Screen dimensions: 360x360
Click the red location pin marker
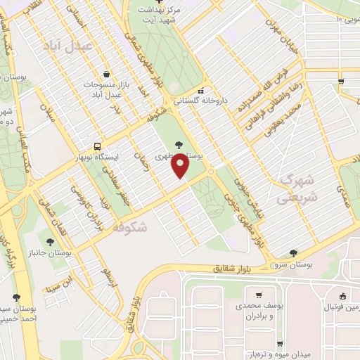[x=181, y=166]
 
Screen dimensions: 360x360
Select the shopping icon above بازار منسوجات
[x=105, y=75]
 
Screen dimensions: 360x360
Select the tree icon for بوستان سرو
[x=293, y=253]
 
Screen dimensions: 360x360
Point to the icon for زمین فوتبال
[x=342, y=296]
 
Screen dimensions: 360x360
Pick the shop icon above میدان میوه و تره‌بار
[x=281, y=344]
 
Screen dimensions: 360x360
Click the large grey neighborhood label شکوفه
[x=128, y=227]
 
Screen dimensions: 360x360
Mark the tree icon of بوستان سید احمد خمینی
[x=16, y=297]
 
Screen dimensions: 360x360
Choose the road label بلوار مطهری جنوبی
[x=241, y=211]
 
